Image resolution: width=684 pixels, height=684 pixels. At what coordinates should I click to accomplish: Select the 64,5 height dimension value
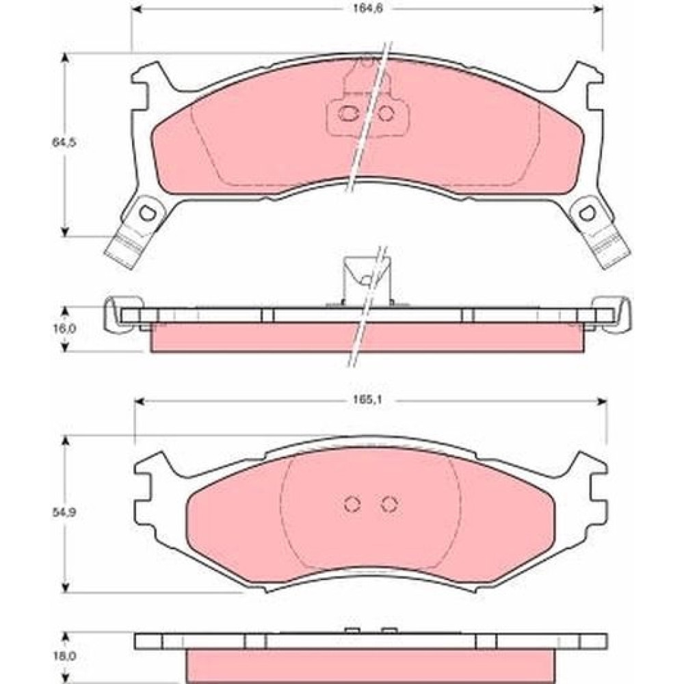pyautogui.click(x=64, y=142)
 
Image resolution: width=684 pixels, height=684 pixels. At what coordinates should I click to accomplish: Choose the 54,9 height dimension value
pyautogui.click(x=64, y=513)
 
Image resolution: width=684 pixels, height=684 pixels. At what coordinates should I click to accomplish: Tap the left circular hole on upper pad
pyautogui.click(x=348, y=114)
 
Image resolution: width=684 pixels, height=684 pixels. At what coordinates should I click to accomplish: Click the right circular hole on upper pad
pyautogui.click(x=386, y=114)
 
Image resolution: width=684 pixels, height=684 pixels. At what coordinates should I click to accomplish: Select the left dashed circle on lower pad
pyautogui.click(x=352, y=504)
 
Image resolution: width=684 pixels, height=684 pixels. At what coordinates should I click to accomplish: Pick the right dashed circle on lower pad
pyautogui.click(x=389, y=504)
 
